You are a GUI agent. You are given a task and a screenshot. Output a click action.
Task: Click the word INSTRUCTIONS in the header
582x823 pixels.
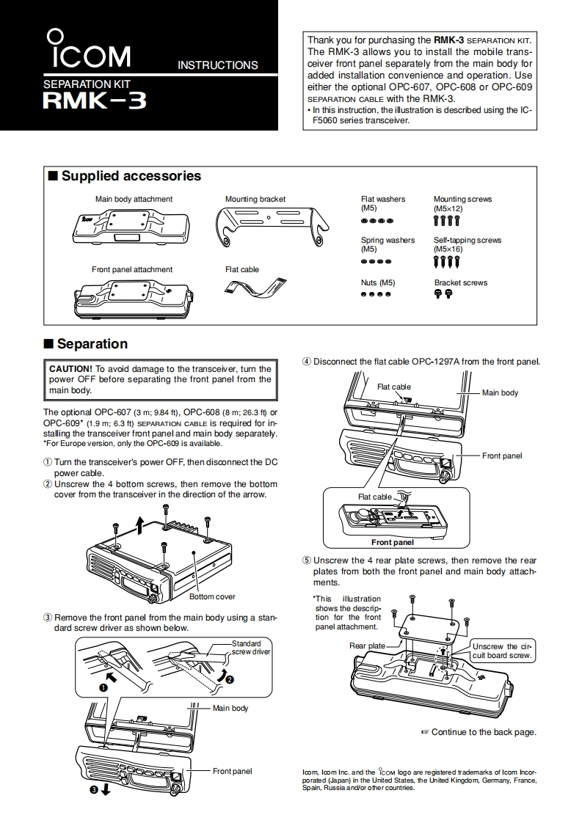coord(218,65)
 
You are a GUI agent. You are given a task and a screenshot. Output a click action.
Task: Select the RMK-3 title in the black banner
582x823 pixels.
coord(95,99)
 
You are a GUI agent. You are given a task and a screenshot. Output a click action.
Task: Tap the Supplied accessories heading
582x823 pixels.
coord(131,176)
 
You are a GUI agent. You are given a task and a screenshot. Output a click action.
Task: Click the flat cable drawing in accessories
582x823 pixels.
coord(255,288)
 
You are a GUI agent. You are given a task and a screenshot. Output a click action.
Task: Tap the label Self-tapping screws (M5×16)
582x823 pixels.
coord(468,244)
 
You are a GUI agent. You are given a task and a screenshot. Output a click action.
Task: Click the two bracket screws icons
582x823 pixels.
coord(443,294)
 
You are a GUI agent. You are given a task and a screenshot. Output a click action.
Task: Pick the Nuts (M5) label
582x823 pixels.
coord(378,282)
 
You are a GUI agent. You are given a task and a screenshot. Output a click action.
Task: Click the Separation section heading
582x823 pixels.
coord(92,344)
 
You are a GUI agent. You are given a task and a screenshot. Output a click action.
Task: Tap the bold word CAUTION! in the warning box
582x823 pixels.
coord(71,369)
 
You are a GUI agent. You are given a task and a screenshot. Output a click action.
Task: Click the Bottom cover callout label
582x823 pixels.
coord(212,596)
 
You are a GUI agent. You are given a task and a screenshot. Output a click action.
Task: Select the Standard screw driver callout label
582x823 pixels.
coord(251,648)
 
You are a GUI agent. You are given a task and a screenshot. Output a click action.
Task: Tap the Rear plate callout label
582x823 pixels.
coord(367,645)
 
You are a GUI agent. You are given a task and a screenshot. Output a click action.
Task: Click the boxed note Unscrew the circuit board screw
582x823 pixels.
coord(501,651)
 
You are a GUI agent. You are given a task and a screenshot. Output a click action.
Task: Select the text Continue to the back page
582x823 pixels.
coord(484,731)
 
